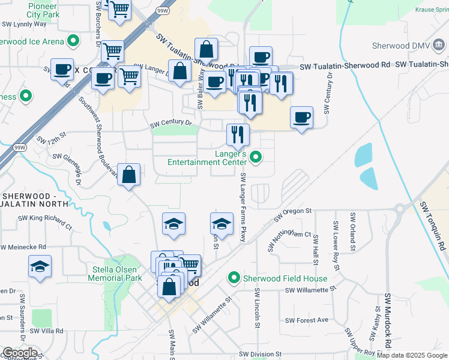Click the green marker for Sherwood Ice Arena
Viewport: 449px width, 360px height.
(x=74, y=41)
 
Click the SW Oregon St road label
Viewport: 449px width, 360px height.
(x=294, y=214)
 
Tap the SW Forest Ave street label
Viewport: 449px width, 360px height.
(x=307, y=320)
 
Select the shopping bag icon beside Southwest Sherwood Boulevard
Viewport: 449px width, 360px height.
(x=129, y=175)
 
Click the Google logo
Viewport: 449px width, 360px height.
(x=19, y=353)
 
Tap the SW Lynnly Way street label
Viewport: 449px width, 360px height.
(x=24, y=25)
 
